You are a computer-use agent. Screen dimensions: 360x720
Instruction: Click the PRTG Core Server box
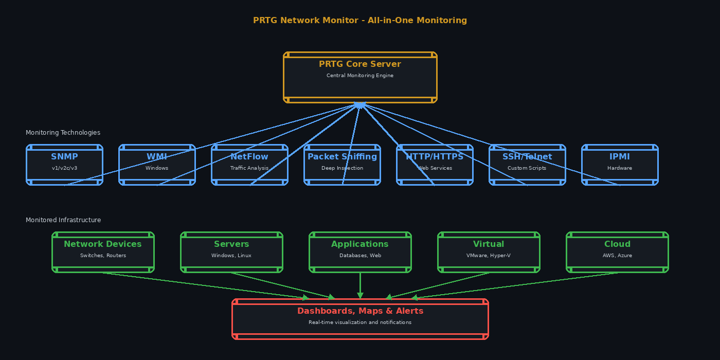pos(360,77)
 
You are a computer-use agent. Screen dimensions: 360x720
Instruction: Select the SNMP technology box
pos(64,165)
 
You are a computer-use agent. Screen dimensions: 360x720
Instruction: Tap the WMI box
pos(157,165)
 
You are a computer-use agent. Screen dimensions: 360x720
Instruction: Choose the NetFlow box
pos(249,165)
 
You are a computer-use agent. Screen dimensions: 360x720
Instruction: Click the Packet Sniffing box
pos(342,165)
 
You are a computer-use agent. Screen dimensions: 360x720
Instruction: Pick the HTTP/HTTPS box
pos(435,165)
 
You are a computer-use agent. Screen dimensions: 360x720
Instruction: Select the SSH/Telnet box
pos(527,165)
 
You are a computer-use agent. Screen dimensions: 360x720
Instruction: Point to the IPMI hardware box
pos(620,165)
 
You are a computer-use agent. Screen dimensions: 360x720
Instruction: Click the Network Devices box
pos(103,252)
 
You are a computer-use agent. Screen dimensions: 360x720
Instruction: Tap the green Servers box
pos(231,252)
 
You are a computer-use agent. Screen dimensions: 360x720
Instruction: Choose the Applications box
pos(360,252)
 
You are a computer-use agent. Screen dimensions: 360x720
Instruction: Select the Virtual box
pos(489,252)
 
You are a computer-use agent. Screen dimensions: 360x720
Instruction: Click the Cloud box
pos(617,252)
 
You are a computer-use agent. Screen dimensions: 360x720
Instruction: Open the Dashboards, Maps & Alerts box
pos(360,319)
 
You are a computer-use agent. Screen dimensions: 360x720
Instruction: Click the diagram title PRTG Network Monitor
pos(360,21)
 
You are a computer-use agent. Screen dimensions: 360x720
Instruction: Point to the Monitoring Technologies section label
pos(63,133)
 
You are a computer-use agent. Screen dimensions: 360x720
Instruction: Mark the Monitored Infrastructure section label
pos(63,220)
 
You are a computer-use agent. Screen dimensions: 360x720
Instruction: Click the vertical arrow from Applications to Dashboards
pos(360,285)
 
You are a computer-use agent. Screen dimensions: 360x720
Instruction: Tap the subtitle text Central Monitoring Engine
pos(360,76)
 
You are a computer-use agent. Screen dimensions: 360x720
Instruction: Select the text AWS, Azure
pos(617,256)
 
